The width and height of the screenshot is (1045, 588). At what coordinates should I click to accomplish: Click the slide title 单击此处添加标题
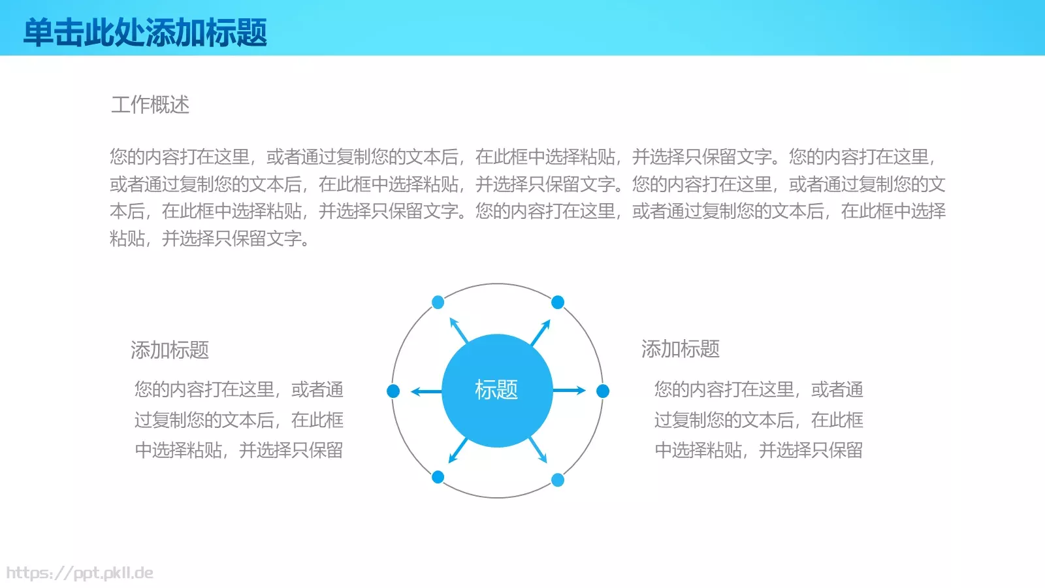(145, 32)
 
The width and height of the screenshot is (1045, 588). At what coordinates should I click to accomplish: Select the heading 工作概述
(150, 105)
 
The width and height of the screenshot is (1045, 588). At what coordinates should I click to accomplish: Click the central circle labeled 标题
(496, 390)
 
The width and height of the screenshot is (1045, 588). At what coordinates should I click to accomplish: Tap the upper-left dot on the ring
(438, 302)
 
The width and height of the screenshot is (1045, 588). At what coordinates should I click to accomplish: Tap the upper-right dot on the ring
(558, 302)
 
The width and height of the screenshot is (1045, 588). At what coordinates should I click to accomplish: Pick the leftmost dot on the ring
(393, 391)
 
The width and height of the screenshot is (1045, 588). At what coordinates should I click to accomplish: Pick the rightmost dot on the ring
(603, 391)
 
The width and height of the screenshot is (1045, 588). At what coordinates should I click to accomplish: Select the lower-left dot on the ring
(438, 477)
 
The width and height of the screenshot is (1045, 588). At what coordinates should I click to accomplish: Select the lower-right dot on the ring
(558, 480)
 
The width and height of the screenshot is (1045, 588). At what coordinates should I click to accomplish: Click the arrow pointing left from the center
(426, 391)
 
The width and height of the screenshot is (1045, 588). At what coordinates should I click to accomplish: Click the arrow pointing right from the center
(570, 391)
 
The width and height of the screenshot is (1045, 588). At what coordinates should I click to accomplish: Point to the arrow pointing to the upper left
(458, 331)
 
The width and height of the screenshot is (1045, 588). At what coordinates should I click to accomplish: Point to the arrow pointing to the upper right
(541, 332)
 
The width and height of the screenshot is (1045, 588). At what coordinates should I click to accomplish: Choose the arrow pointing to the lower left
(458, 450)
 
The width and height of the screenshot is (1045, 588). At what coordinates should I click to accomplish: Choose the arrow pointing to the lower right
(538, 450)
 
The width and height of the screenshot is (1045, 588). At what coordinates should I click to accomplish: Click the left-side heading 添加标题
(170, 350)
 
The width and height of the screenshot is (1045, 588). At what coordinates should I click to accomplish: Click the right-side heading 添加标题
(681, 349)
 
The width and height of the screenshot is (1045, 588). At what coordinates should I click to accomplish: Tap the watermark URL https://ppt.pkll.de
(80, 573)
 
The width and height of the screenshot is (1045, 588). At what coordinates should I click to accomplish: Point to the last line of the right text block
(758, 450)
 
